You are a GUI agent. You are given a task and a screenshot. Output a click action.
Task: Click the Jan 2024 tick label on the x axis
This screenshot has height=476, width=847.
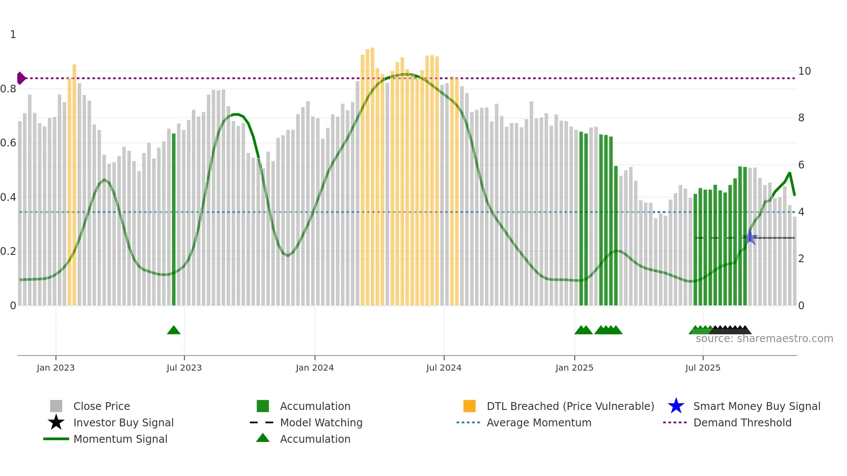315,368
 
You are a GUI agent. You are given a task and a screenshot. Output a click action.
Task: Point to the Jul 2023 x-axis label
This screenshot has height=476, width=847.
184,368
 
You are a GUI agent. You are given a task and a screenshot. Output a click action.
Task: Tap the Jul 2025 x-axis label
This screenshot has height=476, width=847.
703,368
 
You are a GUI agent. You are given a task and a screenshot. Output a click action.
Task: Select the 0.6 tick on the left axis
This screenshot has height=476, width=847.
8,143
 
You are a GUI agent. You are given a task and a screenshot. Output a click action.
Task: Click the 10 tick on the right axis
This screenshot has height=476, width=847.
804,71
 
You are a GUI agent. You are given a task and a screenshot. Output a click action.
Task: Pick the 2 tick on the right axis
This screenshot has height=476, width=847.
801,259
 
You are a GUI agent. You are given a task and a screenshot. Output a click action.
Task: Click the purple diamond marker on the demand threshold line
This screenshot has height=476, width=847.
21,78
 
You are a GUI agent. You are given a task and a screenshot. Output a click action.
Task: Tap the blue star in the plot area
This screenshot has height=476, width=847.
750,238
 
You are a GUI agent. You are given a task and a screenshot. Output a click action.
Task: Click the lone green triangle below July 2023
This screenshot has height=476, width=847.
174,330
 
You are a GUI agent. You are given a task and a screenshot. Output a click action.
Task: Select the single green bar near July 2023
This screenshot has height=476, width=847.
174,220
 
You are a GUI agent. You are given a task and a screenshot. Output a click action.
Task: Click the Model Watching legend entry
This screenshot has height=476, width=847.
321,422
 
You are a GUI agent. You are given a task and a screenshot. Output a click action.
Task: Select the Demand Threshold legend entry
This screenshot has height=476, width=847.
742,422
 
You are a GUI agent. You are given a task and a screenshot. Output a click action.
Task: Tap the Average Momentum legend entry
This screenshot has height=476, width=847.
538,422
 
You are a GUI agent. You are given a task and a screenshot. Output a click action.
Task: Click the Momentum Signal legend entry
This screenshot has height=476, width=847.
120,439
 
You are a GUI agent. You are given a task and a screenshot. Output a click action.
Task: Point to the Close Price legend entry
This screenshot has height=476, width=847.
102,406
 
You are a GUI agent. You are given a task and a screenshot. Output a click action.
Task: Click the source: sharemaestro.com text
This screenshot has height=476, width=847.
764,339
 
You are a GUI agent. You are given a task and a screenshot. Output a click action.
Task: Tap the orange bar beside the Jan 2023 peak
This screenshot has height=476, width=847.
74,186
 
